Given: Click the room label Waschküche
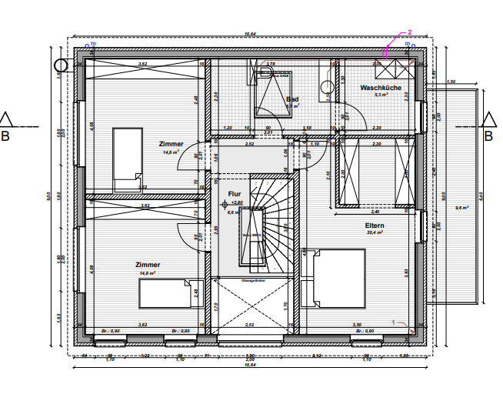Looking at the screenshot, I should (x=381, y=89).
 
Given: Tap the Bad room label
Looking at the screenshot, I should (x=292, y=99).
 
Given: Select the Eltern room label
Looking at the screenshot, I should (x=375, y=226).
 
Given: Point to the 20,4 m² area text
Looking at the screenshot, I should (x=375, y=232).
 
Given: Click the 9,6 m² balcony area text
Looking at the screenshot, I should (x=462, y=208).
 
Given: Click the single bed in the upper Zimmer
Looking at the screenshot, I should (x=127, y=160).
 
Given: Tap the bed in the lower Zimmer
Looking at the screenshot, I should (x=165, y=293).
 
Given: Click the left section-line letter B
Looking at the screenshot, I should (x=6, y=137).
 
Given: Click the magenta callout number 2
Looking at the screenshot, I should (x=410, y=33).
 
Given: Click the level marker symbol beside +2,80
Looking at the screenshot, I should (x=226, y=203).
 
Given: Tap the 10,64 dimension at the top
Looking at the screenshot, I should (x=249, y=34).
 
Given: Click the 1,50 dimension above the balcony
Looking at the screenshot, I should (x=451, y=81).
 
